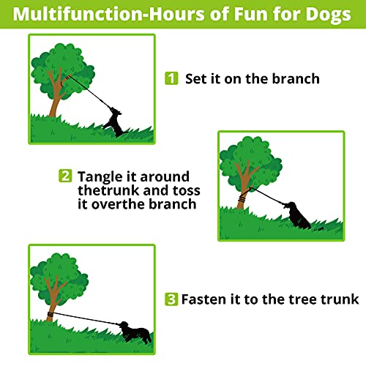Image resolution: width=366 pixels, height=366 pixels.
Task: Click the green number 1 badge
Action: coord(171,78)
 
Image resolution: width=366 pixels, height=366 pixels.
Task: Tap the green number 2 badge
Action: coord(66,176)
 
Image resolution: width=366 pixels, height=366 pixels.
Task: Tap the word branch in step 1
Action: coord(292,78)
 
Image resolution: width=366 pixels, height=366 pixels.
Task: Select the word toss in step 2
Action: coord(183,190)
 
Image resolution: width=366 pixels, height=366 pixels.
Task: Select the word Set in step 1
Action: coord(198,78)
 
